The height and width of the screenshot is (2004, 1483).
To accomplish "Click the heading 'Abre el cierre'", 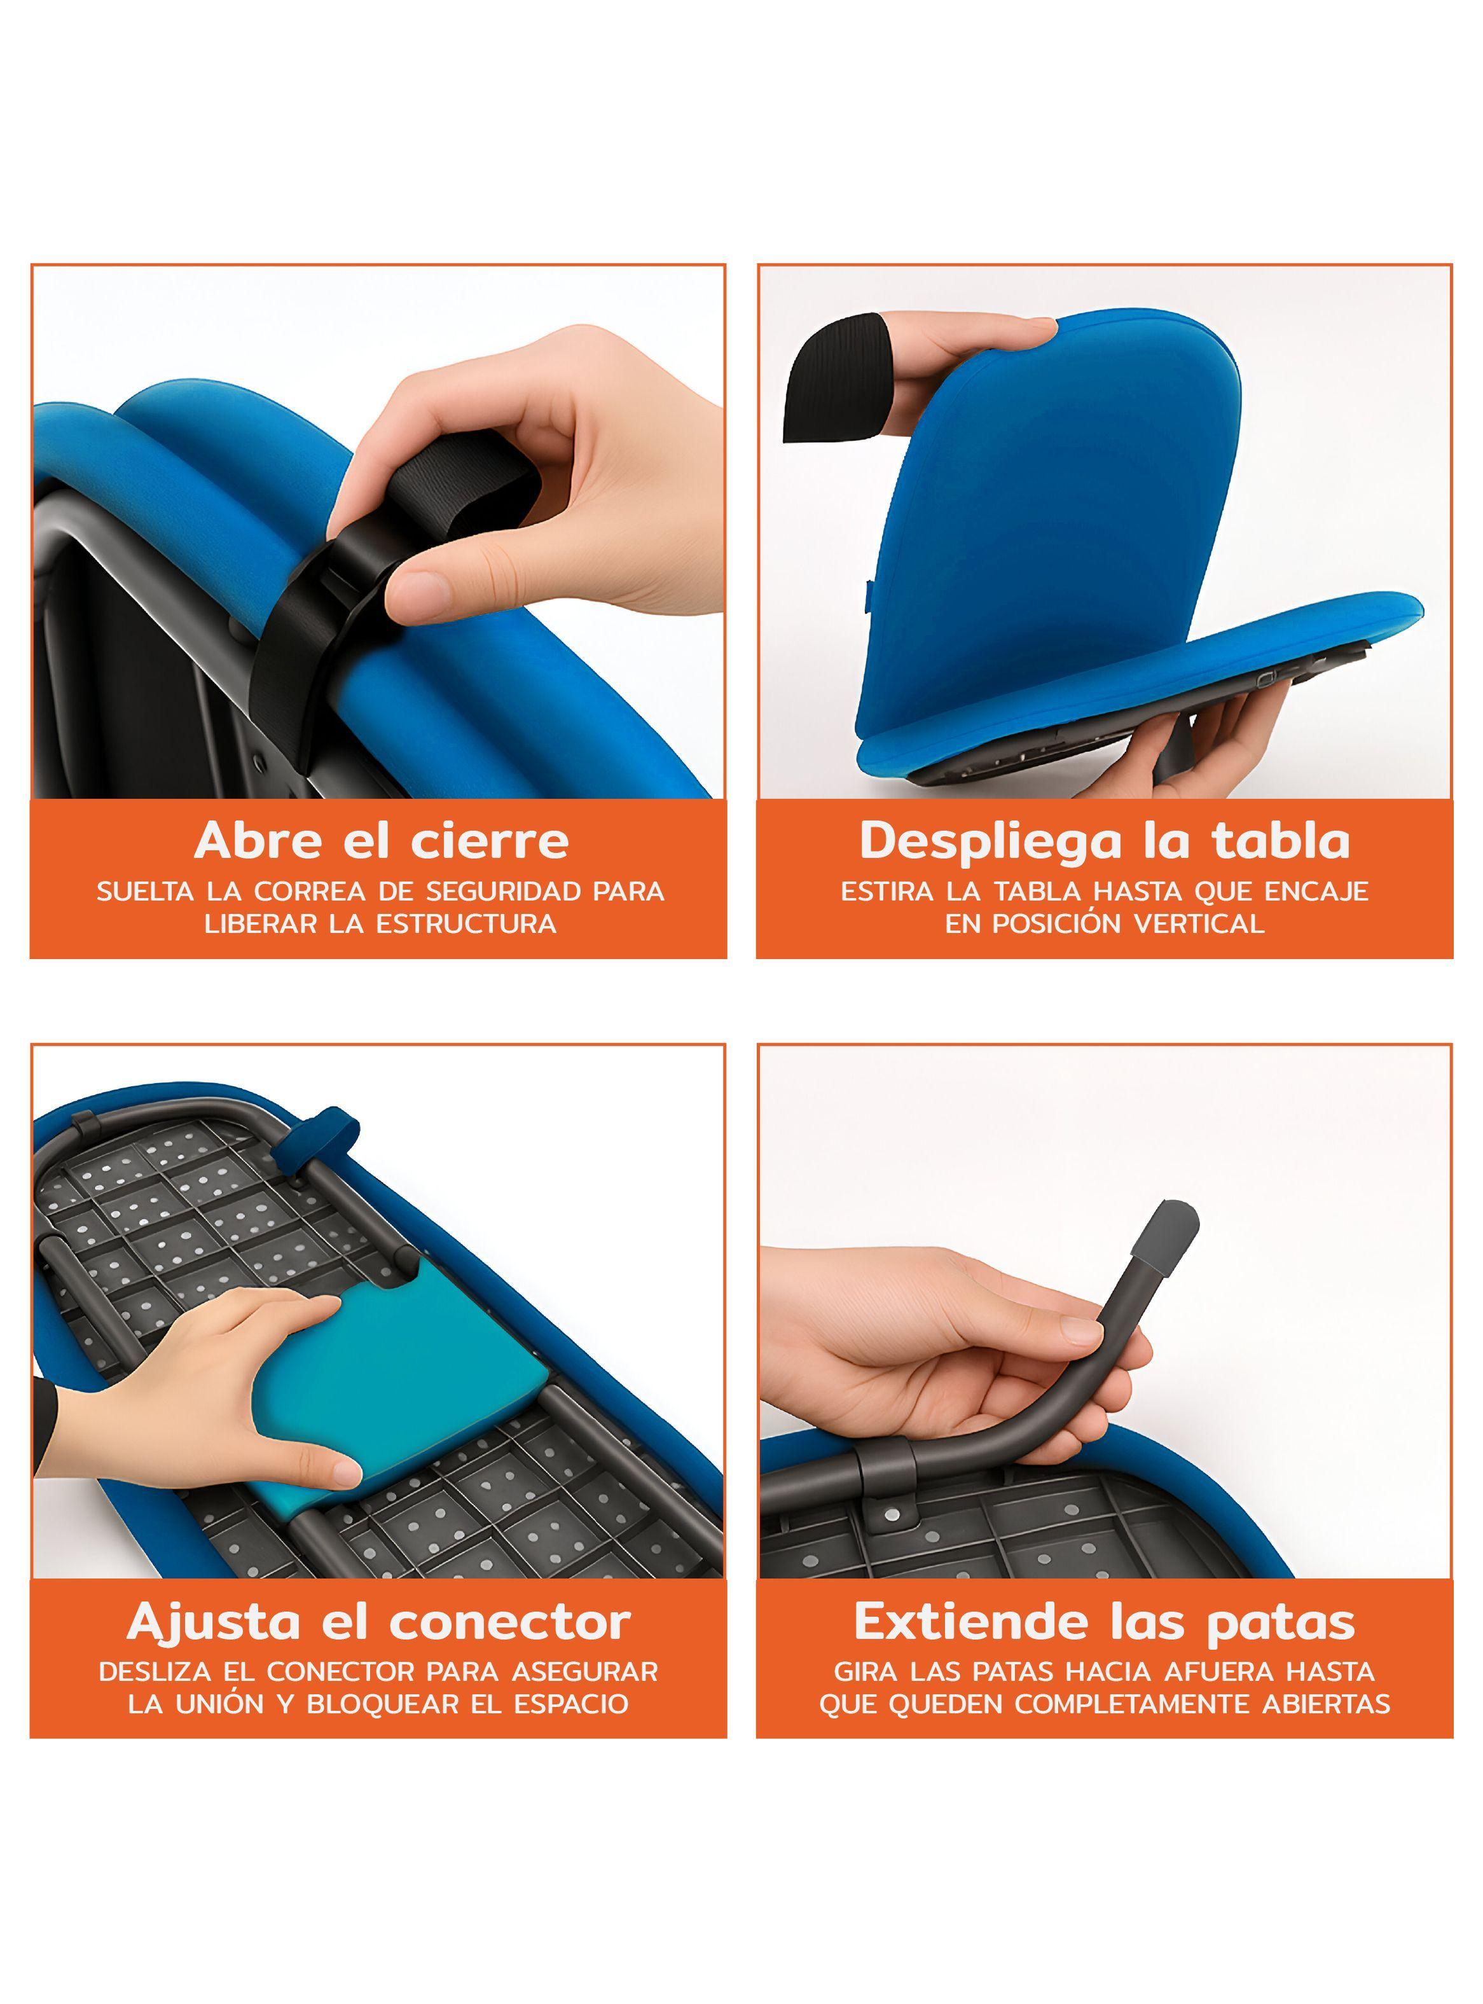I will tap(381, 840).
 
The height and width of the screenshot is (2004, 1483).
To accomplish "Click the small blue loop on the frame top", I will tap(314, 1151).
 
